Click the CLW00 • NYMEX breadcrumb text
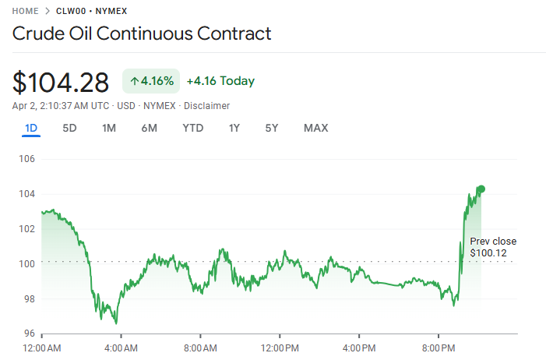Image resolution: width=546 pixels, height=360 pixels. point(91,11)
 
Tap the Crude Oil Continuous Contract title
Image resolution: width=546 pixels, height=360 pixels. point(142,34)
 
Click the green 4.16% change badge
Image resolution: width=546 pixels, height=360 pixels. point(151,81)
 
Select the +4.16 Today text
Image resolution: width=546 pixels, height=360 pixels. point(220,81)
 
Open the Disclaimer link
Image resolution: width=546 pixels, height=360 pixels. point(206,105)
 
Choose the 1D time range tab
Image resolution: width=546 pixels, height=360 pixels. point(31,128)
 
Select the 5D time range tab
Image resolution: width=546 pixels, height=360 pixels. point(69,128)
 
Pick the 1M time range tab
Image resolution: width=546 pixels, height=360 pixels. point(109,128)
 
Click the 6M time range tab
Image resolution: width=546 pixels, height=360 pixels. point(149,128)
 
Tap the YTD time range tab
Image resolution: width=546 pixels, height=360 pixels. point(192,128)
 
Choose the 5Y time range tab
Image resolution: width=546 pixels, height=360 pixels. point(271,128)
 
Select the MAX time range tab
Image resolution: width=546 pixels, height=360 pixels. point(315,128)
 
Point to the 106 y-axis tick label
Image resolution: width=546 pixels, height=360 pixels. point(26,159)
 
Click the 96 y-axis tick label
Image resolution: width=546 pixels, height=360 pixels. point(29,334)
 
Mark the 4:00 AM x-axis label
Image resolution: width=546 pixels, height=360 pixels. point(121,348)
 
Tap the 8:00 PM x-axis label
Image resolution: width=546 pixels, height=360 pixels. point(439,348)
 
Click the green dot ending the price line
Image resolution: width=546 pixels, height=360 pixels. point(481,189)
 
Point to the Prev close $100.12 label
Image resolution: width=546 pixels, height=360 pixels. point(492,247)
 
